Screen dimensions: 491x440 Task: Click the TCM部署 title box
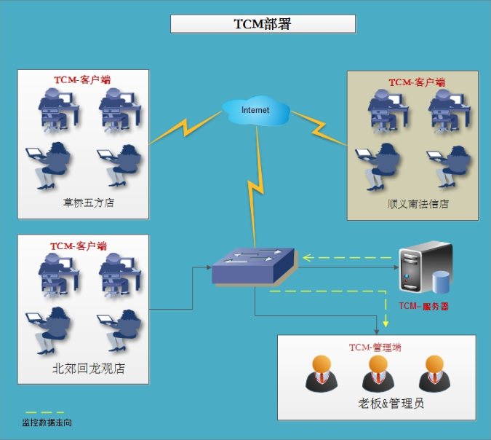point(263,24)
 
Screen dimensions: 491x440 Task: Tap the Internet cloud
point(256,110)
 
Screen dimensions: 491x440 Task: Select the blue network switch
point(253,267)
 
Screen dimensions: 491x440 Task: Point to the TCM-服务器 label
point(423,306)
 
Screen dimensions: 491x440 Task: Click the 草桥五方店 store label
point(88,203)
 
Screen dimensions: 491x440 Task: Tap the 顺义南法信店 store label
point(418,204)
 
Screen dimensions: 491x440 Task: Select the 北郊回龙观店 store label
point(88,368)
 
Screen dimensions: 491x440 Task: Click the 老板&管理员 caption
point(391,403)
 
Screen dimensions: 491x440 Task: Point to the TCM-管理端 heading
point(375,347)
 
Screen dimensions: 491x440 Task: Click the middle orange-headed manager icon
point(378,373)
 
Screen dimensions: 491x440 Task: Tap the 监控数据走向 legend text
point(47,423)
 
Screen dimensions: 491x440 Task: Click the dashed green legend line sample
point(45,412)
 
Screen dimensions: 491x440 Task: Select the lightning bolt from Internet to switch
point(256,187)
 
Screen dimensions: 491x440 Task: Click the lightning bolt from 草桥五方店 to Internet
point(185,127)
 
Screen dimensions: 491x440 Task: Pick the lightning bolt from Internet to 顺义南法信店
point(319,128)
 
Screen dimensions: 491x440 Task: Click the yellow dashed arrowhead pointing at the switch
point(308,258)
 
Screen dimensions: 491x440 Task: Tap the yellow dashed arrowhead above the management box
point(386,323)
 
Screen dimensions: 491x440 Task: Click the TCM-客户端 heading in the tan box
point(417,82)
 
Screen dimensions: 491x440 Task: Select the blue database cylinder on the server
point(441,282)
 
